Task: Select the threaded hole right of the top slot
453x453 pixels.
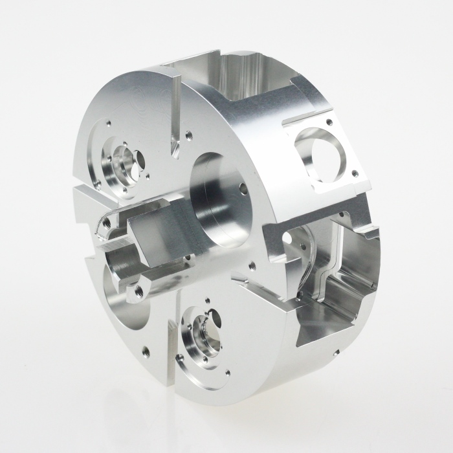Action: (x=188, y=136)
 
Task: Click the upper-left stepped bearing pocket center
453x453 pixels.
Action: (x=123, y=164)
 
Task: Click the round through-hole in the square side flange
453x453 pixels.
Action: (x=326, y=153)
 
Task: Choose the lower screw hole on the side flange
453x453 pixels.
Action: (x=354, y=173)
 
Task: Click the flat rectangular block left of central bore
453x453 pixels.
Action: (x=155, y=236)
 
